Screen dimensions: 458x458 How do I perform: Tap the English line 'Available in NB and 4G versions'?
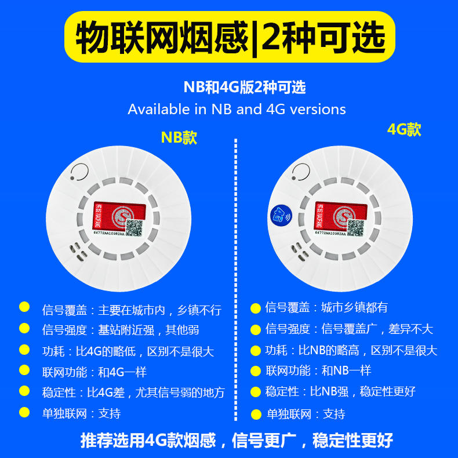click(x=237, y=109)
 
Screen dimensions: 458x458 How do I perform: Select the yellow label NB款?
click(x=179, y=137)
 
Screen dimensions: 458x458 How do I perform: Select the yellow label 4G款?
click(x=404, y=129)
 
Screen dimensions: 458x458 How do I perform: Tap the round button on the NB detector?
click(x=79, y=172)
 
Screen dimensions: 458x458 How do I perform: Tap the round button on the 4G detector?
click(x=300, y=171)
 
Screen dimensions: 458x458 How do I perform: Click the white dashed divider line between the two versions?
click(x=235, y=278)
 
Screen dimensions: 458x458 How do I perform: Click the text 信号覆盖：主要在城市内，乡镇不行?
click(x=132, y=310)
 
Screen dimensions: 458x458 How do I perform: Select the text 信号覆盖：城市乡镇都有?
click(x=330, y=307)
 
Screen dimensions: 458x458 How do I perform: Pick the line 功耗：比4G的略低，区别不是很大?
click(x=128, y=351)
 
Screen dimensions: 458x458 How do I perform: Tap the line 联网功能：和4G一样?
click(x=94, y=372)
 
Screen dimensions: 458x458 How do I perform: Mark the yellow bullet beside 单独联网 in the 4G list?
click(x=256, y=414)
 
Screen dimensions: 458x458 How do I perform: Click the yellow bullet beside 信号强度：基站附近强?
click(x=24, y=329)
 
